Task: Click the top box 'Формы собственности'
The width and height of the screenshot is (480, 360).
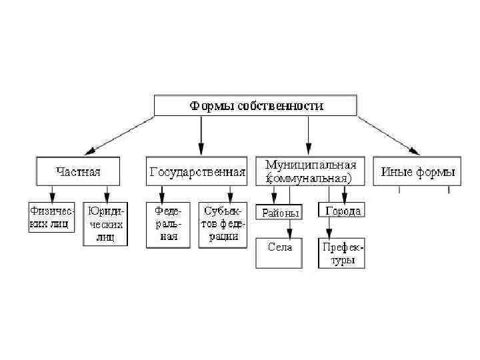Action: coord(256,105)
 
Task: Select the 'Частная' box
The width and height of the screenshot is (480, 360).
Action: coord(78,172)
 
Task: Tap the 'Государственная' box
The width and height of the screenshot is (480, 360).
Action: coord(197,172)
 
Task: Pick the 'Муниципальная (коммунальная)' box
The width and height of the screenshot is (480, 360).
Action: coord(311,171)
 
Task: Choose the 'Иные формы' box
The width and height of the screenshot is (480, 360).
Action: coord(418,171)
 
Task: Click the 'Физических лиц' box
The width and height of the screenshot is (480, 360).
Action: coord(52,217)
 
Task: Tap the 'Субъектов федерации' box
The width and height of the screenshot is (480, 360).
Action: coord(222,224)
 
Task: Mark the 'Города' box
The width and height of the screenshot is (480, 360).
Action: coord(343,211)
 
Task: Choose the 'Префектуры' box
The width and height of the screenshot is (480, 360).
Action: coord(343,253)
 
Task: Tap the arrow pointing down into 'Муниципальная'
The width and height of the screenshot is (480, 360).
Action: coord(309,137)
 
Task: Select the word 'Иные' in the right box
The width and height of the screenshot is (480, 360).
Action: coord(395,171)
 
